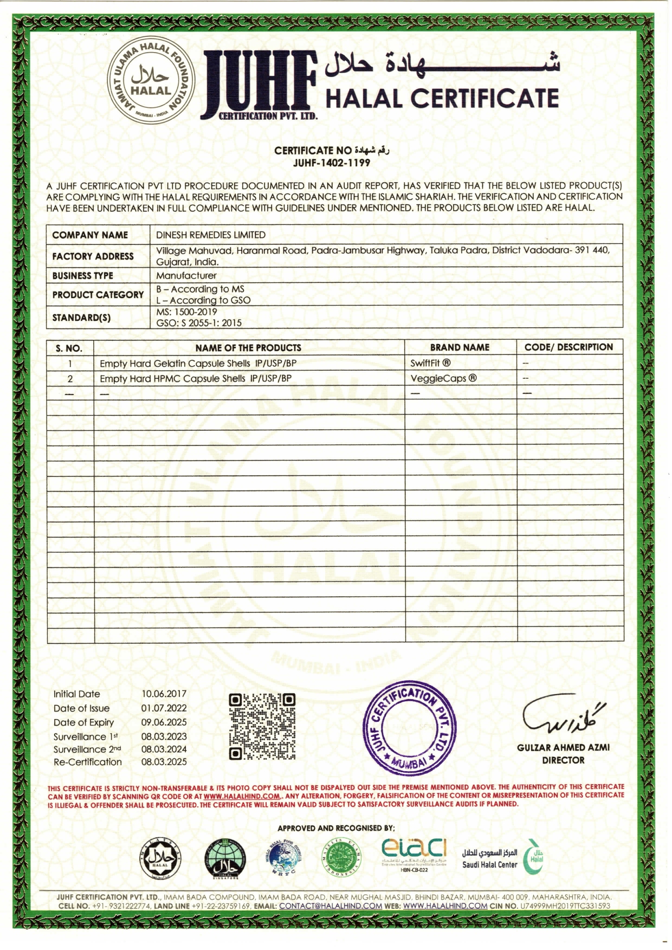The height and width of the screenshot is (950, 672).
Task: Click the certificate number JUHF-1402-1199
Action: [x=332, y=163]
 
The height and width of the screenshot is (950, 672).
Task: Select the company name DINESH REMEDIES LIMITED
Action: [x=211, y=235]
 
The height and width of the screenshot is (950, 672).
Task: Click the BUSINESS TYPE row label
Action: [x=83, y=276]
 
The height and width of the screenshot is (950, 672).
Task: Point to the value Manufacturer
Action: [x=186, y=276]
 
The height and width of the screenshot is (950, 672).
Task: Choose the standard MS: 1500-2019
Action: [x=186, y=312]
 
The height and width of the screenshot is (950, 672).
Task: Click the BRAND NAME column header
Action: [x=460, y=347]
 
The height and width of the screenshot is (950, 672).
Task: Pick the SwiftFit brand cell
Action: [x=430, y=363]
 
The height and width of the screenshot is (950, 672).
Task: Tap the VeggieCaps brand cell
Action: [x=443, y=378]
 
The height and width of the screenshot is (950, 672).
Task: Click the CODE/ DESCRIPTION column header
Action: [x=568, y=347]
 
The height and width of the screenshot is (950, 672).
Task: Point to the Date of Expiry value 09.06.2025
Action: [x=164, y=722]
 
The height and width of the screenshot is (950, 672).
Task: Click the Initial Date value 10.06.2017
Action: [x=164, y=694]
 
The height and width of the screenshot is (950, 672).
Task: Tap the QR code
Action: [x=262, y=727]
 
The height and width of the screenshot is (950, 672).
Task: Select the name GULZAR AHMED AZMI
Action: [x=563, y=748]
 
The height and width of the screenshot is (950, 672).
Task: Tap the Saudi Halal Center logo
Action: [x=502, y=858]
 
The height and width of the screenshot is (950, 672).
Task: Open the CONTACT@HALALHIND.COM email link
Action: [x=331, y=906]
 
